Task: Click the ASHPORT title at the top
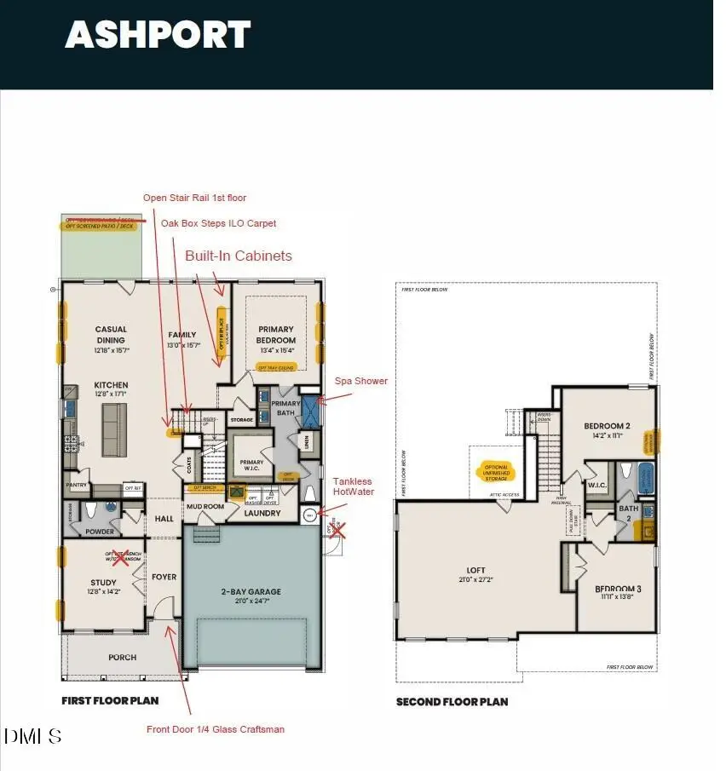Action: click(158, 35)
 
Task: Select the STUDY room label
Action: click(103, 583)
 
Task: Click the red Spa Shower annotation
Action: click(360, 381)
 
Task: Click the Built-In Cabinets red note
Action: click(239, 256)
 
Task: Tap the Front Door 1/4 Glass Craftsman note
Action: click(216, 729)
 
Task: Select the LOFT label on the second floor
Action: click(475, 571)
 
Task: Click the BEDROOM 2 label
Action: click(607, 426)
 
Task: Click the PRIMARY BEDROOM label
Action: click(276, 334)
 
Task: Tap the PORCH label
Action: click(122, 658)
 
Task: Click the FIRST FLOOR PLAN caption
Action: click(110, 701)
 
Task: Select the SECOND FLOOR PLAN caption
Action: click(452, 702)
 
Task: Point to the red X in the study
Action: click(122, 559)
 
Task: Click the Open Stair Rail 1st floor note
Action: click(194, 198)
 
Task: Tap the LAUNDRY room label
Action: click(262, 513)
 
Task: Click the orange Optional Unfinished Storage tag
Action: click(496, 471)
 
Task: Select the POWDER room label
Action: click(101, 531)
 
